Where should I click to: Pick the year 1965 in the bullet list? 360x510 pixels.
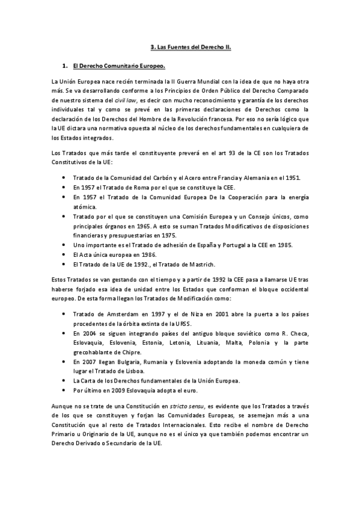tap(160, 226)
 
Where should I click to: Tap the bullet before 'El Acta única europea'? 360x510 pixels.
tap(64, 255)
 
